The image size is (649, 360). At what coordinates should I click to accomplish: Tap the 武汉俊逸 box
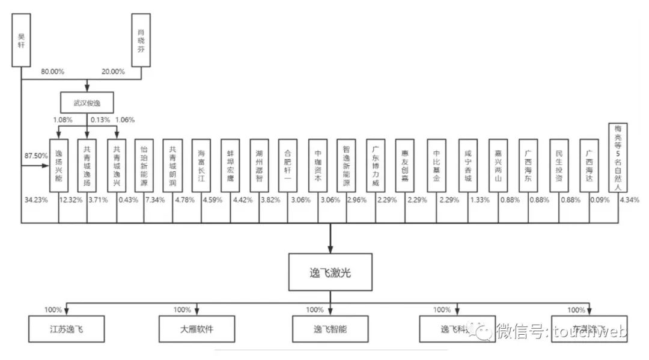click(87, 102)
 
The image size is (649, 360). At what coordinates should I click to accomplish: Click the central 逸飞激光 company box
click(330, 272)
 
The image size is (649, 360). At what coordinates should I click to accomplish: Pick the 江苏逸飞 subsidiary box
click(66, 329)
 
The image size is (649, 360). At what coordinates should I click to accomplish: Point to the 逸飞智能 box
click(330, 329)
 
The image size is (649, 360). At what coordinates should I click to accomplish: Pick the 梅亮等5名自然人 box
click(618, 157)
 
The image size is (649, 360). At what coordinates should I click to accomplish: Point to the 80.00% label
click(53, 72)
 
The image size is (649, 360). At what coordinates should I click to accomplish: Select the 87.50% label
click(35, 156)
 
